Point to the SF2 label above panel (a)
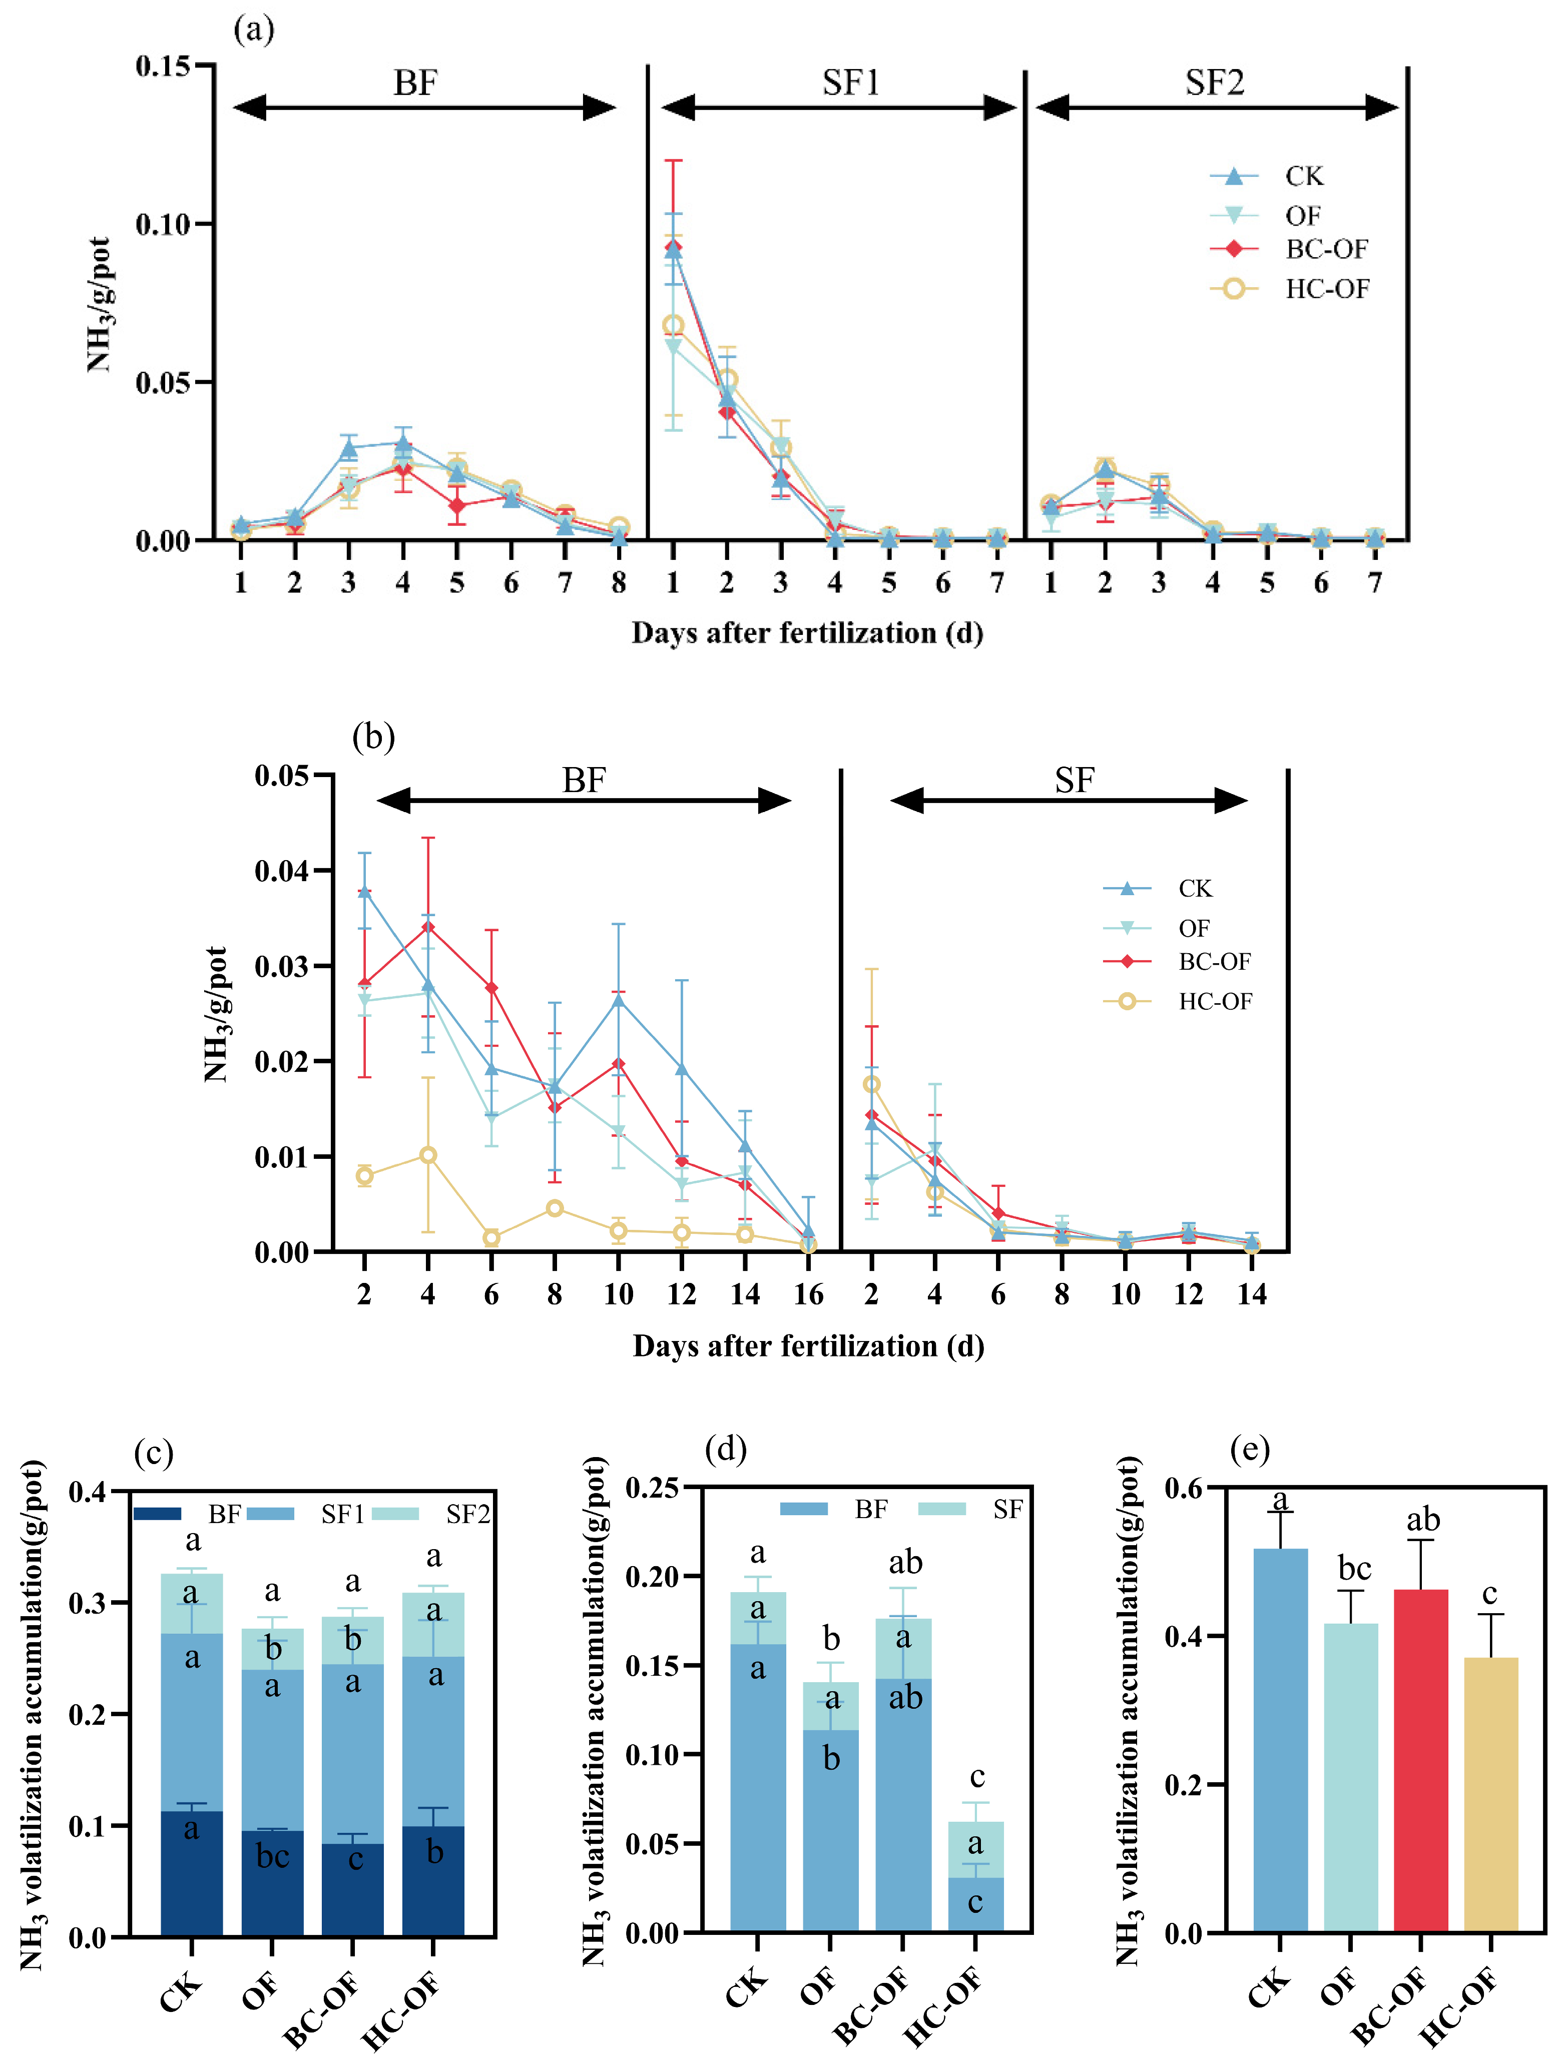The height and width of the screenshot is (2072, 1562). coord(1214,84)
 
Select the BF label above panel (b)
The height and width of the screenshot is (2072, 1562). coord(584,780)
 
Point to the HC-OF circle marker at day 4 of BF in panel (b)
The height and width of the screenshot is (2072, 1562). coord(428,1155)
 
